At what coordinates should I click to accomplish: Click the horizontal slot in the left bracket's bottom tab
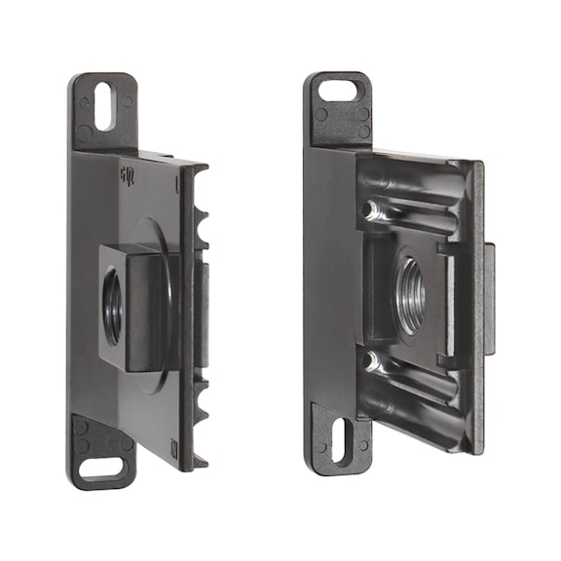point(101,468)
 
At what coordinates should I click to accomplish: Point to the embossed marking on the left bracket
point(126,175)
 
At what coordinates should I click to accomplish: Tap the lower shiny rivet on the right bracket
point(371,361)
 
